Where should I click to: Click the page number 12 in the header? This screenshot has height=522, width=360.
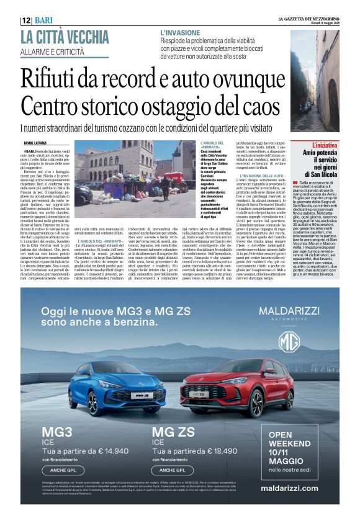pyautogui.click(x=26, y=20)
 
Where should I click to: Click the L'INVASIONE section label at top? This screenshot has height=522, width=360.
pyautogui.click(x=179, y=32)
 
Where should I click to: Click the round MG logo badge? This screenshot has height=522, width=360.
pyautogui.click(x=289, y=343)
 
